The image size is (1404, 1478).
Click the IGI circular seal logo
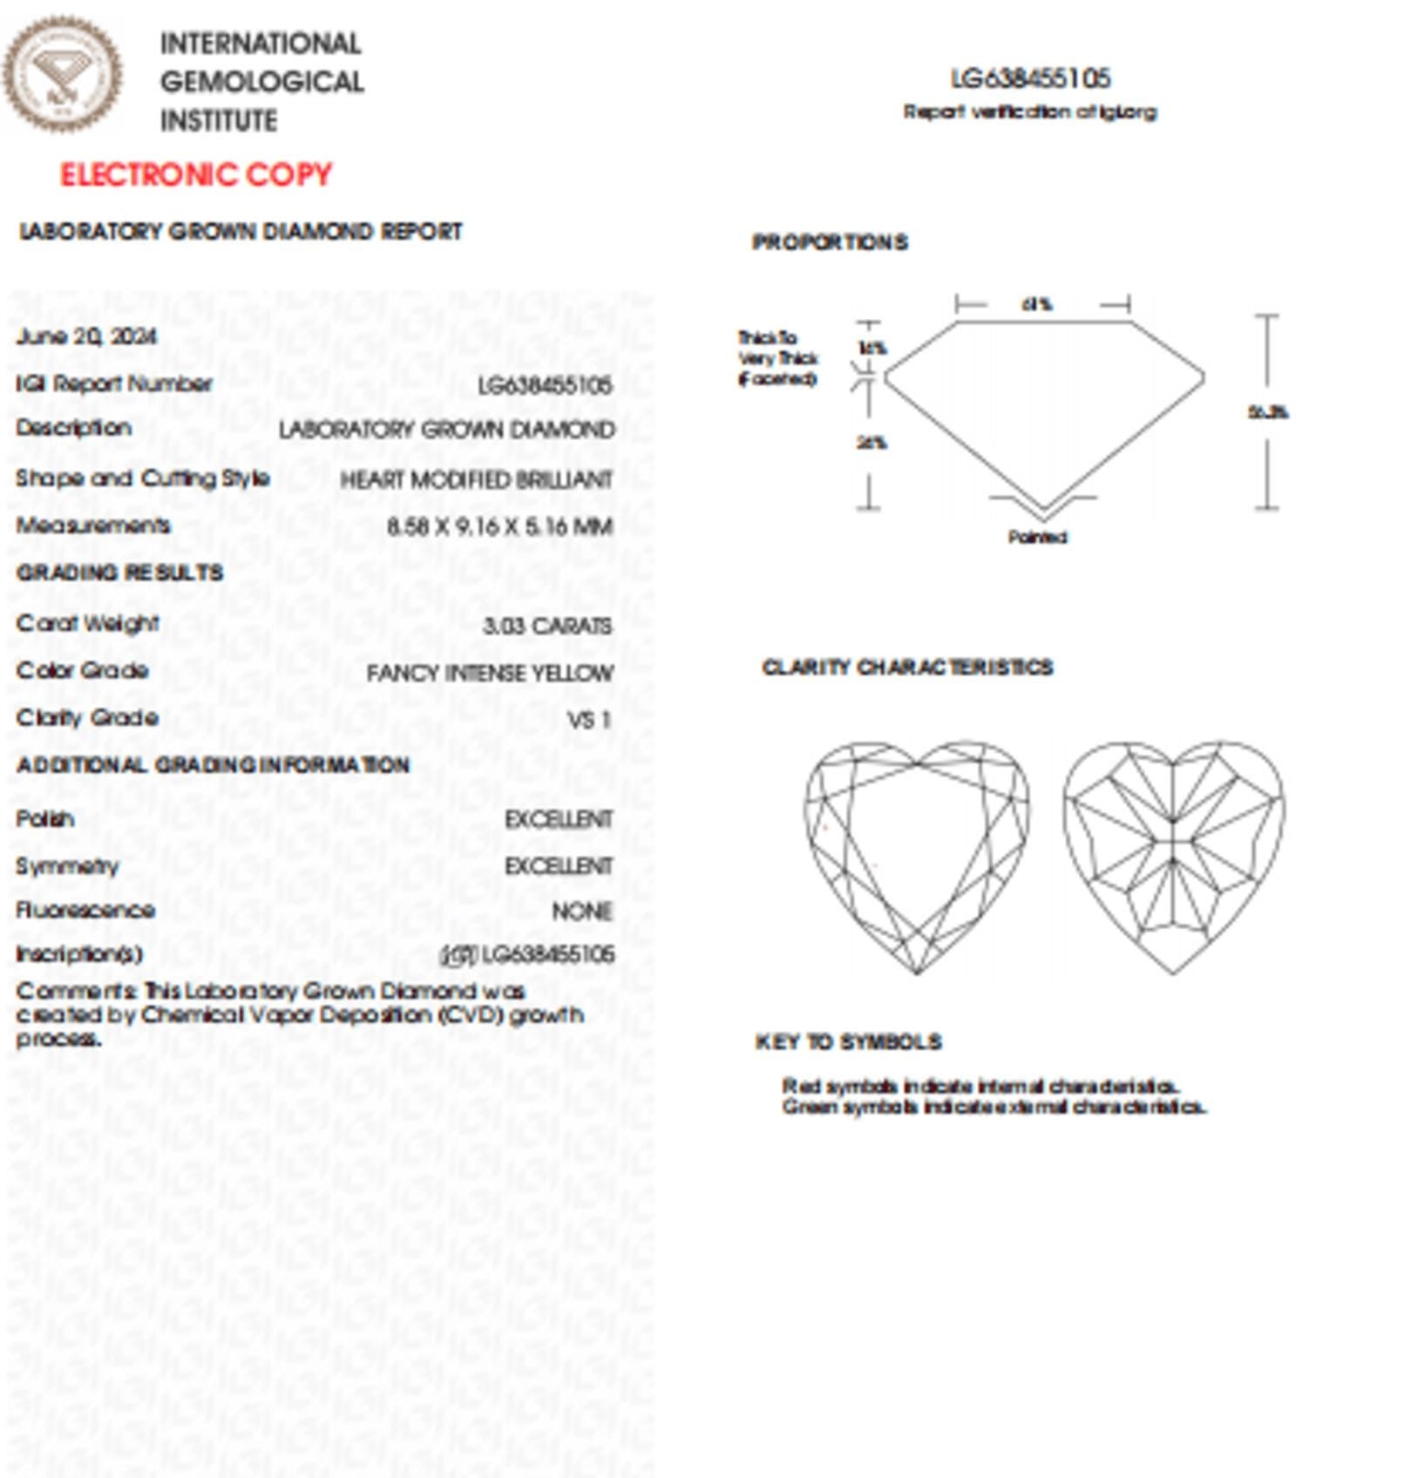(x=63, y=74)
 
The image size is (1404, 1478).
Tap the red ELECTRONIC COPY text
(x=196, y=174)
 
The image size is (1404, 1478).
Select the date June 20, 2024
(x=86, y=336)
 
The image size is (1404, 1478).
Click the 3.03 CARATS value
(x=547, y=626)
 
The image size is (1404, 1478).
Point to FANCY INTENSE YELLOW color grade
(x=490, y=673)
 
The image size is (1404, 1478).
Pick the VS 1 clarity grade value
(x=589, y=720)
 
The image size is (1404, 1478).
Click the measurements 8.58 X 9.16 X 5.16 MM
(x=499, y=526)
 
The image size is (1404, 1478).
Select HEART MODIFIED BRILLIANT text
(x=476, y=479)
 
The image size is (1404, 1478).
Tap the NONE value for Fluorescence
(x=582, y=911)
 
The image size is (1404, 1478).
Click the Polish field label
(x=45, y=819)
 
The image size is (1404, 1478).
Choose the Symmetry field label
(x=67, y=865)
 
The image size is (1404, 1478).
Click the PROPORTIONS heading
(x=830, y=242)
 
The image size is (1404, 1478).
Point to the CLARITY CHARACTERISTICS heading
(x=907, y=668)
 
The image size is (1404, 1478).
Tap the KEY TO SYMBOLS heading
(x=849, y=1042)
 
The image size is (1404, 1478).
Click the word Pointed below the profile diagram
(x=1037, y=537)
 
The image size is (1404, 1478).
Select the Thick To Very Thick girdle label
(x=777, y=357)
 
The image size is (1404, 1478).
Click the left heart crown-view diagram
(x=916, y=854)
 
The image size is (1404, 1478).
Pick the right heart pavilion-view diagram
(x=1173, y=854)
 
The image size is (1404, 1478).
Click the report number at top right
(x=1030, y=78)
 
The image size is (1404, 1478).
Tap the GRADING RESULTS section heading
(x=120, y=573)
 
